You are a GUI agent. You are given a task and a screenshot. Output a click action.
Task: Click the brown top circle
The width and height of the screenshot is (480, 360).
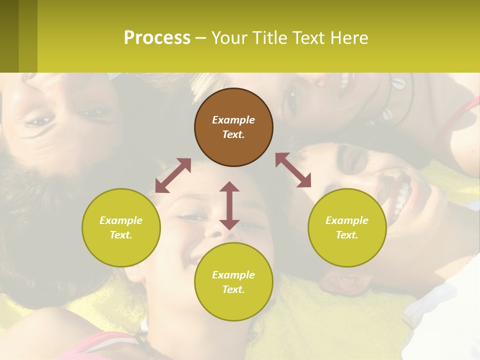point(233,127)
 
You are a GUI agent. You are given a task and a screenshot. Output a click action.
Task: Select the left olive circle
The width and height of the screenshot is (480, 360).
point(121,227)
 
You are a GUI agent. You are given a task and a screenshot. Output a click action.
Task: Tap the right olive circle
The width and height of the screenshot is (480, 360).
point(347,227)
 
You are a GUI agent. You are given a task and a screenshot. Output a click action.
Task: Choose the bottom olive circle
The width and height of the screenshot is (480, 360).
point(233,282)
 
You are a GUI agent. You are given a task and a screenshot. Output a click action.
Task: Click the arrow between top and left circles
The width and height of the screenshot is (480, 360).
point(173,175)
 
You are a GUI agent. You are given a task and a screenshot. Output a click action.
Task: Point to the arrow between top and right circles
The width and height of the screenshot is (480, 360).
point(293,170)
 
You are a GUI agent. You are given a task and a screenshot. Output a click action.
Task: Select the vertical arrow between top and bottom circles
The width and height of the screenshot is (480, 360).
point(229,205)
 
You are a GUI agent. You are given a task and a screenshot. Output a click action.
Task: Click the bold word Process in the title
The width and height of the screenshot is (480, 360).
point(157,37)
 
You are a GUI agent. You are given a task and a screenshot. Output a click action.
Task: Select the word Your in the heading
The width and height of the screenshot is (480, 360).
point(229,37)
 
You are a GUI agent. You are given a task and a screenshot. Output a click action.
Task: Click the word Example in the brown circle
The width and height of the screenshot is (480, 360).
point(233,120)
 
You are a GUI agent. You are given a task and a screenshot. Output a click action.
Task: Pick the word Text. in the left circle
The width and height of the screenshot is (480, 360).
point(121,235)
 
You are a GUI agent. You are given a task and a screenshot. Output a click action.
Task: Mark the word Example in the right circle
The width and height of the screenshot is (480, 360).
point(347,220)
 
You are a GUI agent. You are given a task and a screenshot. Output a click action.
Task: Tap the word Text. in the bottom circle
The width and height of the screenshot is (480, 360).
point(233,289)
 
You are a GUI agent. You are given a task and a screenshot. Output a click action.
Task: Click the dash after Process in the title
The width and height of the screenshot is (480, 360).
point(201,38)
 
